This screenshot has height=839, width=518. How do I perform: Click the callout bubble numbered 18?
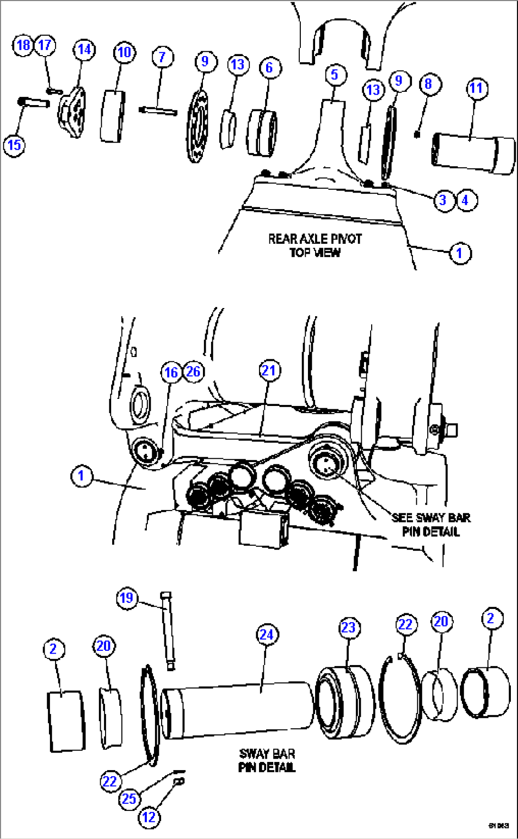(x=22, y=45)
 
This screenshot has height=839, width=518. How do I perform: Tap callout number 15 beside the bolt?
(x=14, y=145)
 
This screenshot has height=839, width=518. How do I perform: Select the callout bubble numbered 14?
(x=84, y=49)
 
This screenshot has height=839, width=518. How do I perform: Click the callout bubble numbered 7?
(x=162, y=57)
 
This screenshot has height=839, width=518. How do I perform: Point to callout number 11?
(x=476, y=88)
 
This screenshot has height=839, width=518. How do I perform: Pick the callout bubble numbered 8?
(x=429, y=84)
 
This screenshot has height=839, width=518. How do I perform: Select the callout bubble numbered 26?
(x=193, y=371)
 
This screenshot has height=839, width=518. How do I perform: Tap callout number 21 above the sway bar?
(x=269, y=370)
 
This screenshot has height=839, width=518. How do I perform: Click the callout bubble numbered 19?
(x=126, y=598)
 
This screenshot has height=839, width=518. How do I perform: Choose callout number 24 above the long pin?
(x=267, y=635)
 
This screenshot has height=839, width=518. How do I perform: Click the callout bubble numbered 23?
(x=348, y=627)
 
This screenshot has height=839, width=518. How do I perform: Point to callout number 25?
(x=129, y=799)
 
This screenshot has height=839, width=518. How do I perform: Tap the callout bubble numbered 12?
(x=149, y=817)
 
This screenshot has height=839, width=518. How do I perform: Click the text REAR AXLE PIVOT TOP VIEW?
(x=315, y=245)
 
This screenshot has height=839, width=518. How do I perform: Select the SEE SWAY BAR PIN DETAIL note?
(x=431, y=524)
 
